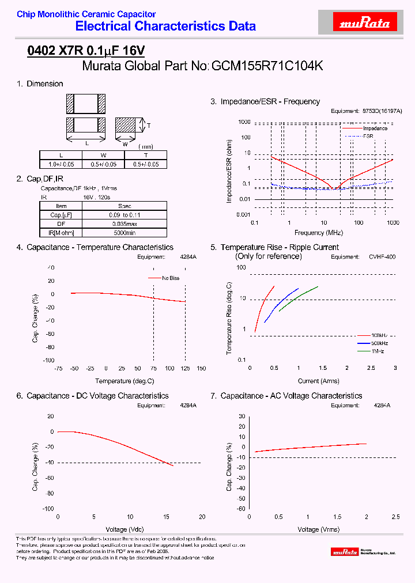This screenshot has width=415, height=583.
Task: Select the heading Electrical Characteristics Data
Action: [x=165, y=26]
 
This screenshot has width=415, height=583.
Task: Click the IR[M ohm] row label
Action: [x=61, y=233]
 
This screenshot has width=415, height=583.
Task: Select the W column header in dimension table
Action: [x=104, y=156]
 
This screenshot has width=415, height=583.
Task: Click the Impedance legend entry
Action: [x=375, y=128]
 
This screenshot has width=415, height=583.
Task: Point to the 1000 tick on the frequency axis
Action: [x=393, y=222]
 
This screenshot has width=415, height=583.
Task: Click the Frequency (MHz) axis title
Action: [x=318, y=233]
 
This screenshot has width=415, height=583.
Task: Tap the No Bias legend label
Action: [x=171, y=278]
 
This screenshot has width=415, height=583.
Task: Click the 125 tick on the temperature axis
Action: [x=186, y=368]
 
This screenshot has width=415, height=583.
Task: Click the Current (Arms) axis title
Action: [x=318, y=381]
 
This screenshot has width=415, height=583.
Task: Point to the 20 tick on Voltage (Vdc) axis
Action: [x=202, y=517]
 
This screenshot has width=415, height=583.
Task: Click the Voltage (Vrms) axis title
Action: [x=318, y=529]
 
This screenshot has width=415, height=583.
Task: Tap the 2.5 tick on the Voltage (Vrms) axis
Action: [x=395, y=517]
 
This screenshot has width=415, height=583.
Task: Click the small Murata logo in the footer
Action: [x=345, y=552]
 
